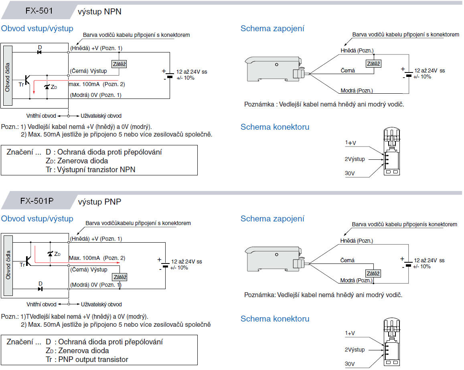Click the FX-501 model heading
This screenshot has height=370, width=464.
tap(39, 11)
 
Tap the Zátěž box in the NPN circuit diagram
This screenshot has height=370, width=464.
tap(119, 64)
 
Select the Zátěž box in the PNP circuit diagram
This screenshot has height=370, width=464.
tap(120, 277)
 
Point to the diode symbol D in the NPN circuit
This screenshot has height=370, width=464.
tap(40, 52)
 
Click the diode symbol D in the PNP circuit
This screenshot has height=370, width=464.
tap(40, 288)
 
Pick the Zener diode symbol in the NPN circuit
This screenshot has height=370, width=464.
tap(47, 86)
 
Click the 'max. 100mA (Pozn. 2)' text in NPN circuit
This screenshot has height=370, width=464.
tap(97, 84)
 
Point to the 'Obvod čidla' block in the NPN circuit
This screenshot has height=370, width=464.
tap(7, 76)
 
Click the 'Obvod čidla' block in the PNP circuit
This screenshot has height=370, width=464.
tap(7, 265)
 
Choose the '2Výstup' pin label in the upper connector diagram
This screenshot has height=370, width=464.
tap(355, 159)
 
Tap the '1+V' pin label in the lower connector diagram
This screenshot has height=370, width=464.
tap(351, 333)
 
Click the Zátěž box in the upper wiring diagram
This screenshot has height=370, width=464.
tap(373, 64)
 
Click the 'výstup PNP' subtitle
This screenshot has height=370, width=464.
tap(99, 201)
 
